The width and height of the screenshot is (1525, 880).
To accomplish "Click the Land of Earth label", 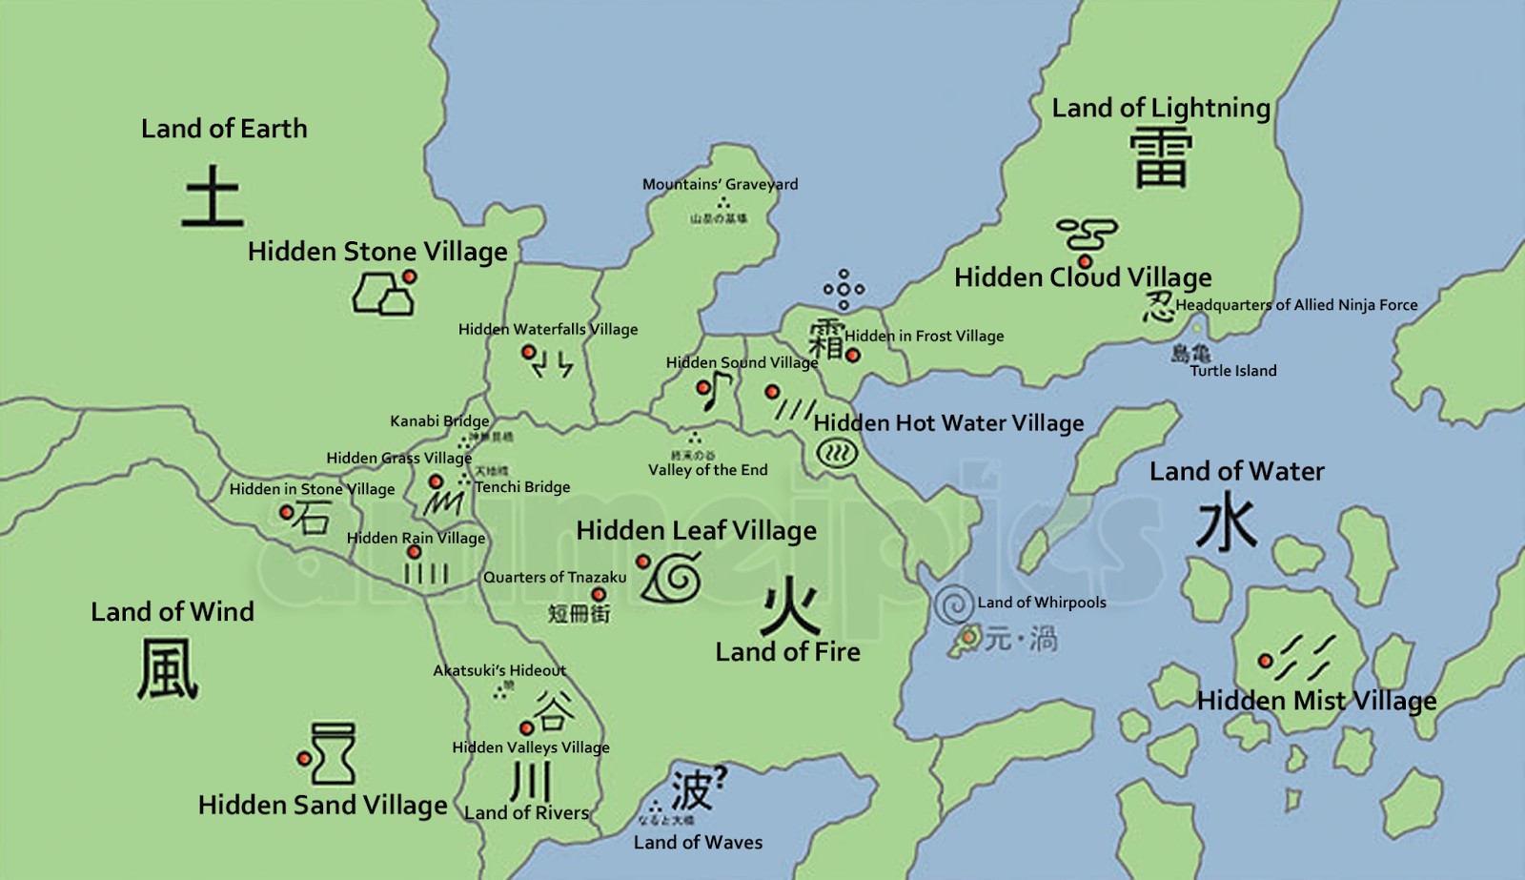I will (224, 129).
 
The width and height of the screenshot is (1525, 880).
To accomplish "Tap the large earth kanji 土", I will (213, 196).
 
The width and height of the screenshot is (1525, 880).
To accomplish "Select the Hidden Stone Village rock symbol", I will (383, 295).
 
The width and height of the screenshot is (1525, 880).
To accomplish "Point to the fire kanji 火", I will (790, 606).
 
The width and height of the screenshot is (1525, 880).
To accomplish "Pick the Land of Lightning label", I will (1161, 108).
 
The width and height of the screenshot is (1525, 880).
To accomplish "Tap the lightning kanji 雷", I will (1160, 158).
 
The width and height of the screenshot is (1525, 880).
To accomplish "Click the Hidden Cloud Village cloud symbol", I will (1087, 234).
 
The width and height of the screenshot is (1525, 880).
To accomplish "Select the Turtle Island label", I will (1232, 371).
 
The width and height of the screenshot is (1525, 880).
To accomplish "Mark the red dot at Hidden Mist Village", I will (1265, 661).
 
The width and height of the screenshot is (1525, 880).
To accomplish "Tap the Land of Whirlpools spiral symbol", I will (953, 604).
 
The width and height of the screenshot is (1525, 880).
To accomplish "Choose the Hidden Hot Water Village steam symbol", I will (837, 453).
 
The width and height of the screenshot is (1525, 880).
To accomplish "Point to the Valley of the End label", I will (707, 470).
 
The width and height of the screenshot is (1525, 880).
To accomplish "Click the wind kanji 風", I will (168, 668).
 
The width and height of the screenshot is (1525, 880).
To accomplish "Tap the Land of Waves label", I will (698, 843).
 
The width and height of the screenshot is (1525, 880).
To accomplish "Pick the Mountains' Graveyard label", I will (720, 184).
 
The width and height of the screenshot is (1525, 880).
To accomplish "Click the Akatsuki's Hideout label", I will (499, 670).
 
